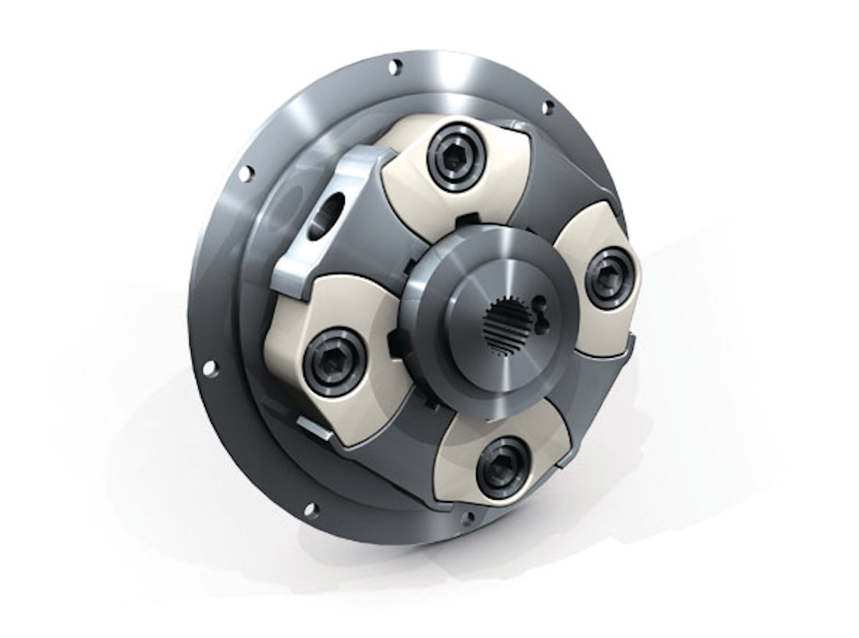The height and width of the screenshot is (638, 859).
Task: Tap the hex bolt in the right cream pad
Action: [x=610, y=278]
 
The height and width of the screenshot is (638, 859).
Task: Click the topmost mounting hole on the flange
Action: [x=394, y=67]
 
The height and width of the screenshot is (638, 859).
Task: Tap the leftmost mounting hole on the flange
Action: [x=210, y=368]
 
